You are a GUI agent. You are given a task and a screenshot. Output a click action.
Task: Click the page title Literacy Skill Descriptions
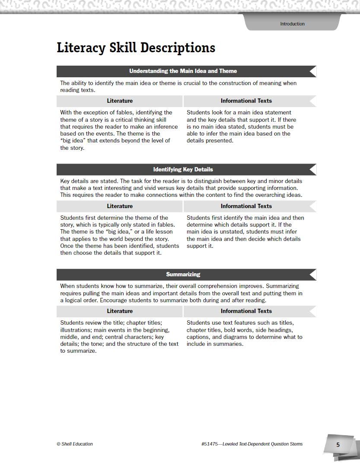coord(136,47)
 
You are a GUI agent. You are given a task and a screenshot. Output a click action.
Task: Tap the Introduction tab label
coord(292,24)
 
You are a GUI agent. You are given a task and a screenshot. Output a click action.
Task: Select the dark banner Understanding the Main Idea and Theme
coord(183,71)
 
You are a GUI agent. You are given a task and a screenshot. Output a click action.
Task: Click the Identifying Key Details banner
coord(183,169)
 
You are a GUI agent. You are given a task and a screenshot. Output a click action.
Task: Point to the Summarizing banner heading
coord(183,274)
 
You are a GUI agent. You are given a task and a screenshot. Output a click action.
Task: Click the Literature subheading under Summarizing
coord(120,311)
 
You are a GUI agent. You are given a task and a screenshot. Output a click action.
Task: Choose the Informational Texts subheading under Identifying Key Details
coord(246,206)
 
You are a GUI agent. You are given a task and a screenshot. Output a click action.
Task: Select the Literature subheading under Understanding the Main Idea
coord(120,101)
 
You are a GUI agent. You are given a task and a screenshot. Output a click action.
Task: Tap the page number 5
coord(338,445)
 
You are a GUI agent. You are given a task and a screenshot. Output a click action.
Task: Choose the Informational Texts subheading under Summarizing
coord(246,311)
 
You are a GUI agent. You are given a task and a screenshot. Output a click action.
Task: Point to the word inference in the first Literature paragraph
coord(165,127)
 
